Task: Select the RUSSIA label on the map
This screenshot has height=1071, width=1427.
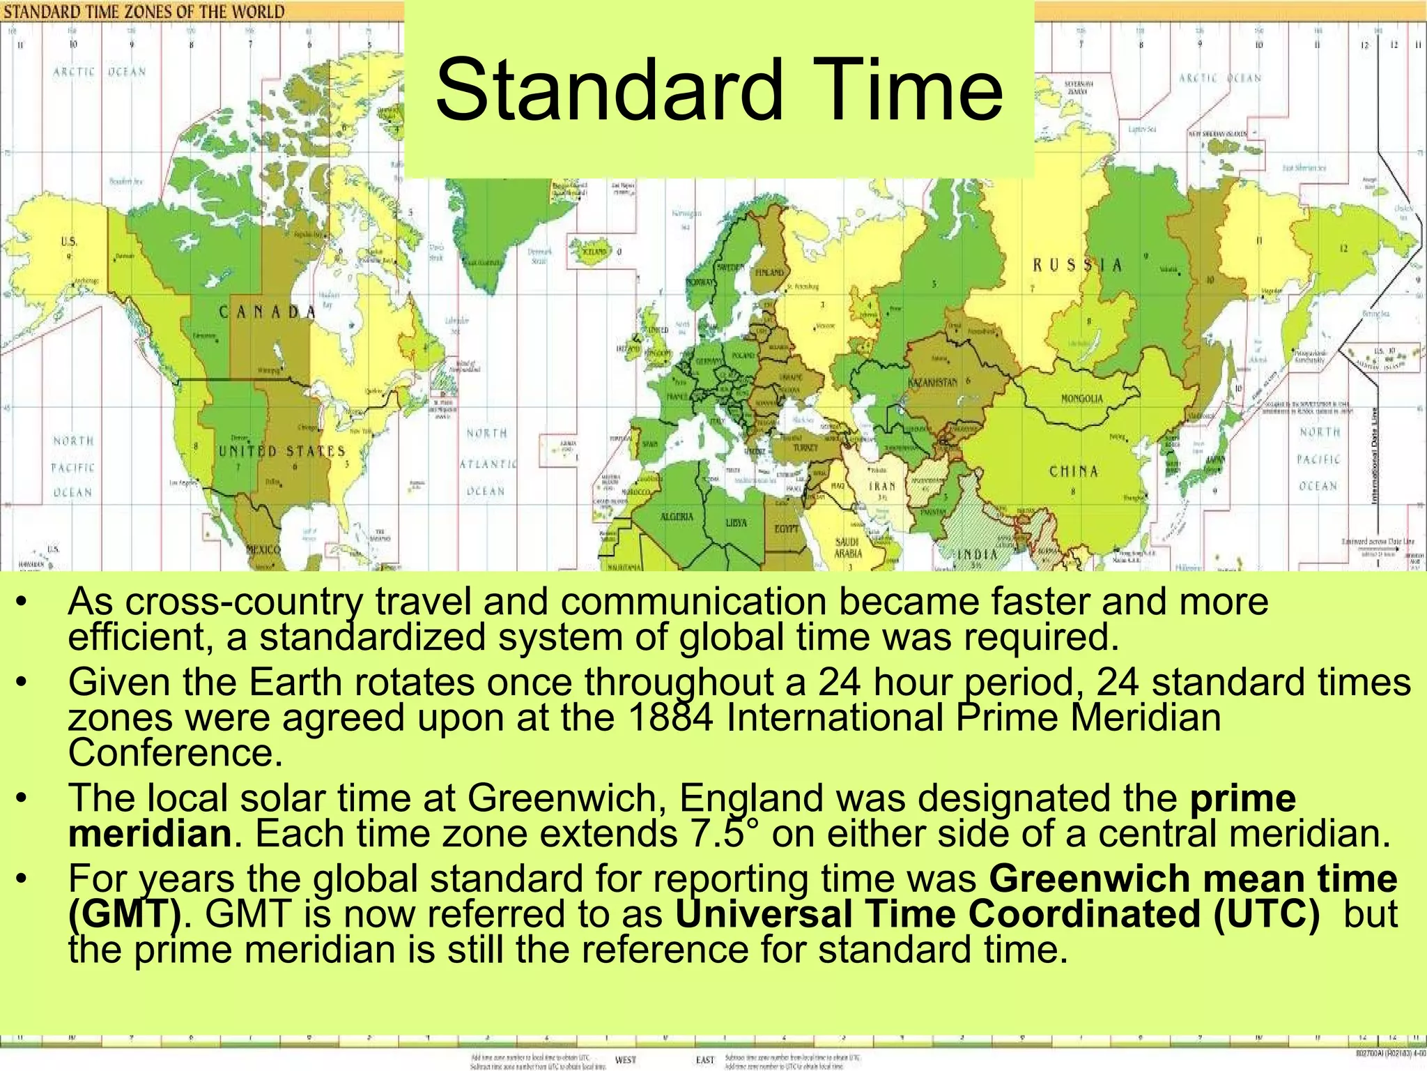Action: coord(1077,265)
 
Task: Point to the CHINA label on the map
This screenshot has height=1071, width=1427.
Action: coord(1074,471)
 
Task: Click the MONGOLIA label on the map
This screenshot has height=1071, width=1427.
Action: coord(1081,399)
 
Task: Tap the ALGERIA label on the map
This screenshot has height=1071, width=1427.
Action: coord(676,517)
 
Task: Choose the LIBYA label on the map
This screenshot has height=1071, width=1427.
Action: coord(736,522)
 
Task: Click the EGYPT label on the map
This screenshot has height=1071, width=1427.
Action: coord(786,529)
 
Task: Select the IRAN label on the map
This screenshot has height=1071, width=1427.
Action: coord(881,486)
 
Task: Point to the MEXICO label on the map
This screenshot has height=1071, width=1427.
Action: coord(265,549)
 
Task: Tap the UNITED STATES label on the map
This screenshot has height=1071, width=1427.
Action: coord(282,451)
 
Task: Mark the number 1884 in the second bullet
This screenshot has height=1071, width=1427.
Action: coord(670,718)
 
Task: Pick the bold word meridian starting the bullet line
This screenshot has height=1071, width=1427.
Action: coord(150,834)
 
